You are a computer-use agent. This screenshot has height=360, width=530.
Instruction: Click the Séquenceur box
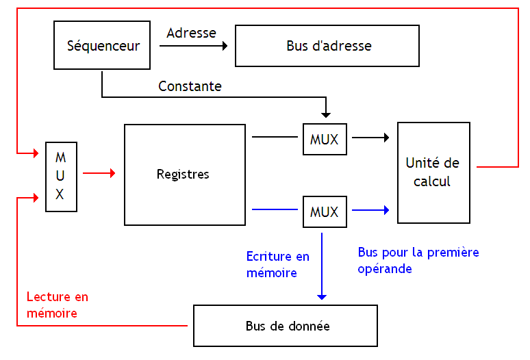click(x=103, y=46)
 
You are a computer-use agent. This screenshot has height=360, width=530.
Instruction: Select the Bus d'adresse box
click(x=327, y=46)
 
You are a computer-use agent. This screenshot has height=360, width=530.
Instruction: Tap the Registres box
click(x=184, y=175)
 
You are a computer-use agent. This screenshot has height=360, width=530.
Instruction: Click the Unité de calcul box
click(x=433, y=172)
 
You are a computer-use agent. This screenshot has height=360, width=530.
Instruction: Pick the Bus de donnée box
click(x=286, y=326)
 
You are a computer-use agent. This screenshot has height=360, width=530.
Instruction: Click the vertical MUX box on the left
click(x=60, y=176)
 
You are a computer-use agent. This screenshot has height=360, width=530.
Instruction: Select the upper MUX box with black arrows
click(x=325, y=139)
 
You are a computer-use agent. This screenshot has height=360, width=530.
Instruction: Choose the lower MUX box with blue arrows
click(x=325, y=211)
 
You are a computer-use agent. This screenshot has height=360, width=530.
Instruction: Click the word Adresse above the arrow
click(x=191, y=33)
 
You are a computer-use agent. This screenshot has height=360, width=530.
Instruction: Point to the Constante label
click(x=190, y=86)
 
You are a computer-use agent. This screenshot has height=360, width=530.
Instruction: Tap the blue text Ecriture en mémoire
click(x=277, y=264)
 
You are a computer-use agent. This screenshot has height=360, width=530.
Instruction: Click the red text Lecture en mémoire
click(x=57, y=305)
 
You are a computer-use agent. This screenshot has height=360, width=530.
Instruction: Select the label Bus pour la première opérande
click(x=418, y=260)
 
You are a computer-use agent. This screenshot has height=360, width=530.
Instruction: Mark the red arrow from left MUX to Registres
click(x=99, y=174)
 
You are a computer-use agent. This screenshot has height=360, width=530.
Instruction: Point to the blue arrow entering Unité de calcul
click(x=370, y=210)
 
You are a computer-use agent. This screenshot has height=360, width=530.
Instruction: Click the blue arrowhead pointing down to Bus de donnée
click(x=322, y=295)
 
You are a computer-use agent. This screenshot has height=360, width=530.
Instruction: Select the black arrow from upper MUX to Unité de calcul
click(x=370, y=138)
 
